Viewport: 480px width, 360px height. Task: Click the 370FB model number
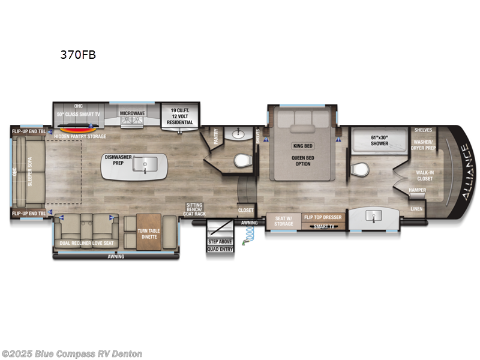click(x=77, y=55)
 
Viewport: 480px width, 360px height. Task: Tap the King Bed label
click(x=303, y=146)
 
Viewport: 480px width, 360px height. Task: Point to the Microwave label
click(x=133, y=113)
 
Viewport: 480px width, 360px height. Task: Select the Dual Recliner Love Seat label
click(x=88, y=243)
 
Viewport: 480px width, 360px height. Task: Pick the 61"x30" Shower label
click(x=375, y=140)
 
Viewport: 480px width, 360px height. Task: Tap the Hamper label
click(x=417, y=190)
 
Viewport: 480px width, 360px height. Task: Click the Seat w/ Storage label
click(x=284, y=221)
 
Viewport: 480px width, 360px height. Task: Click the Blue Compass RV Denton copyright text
click(x=72, y=354)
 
